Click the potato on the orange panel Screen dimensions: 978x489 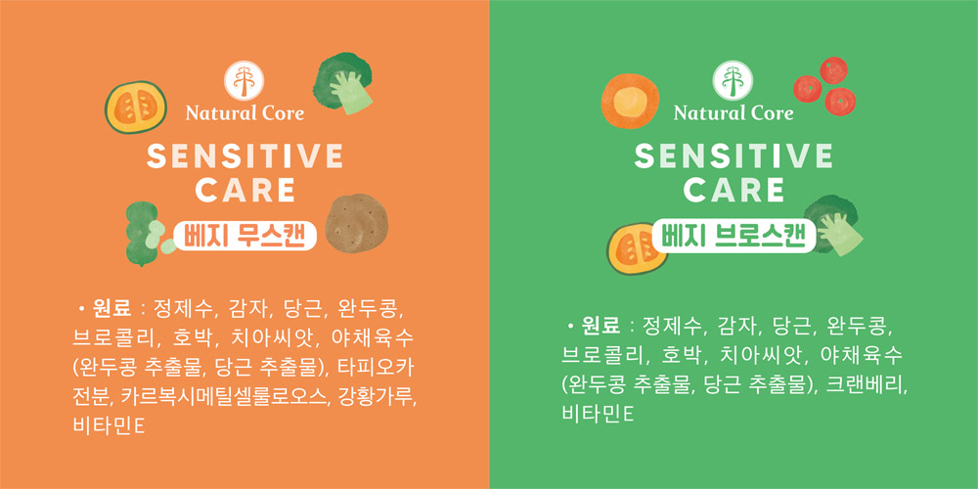tap(356, 223)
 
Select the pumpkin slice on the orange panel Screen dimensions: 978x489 tap(135, 107)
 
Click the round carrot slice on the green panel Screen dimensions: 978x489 tap(630, 102)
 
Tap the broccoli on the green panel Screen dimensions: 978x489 tap(832, 225)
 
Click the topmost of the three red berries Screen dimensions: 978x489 tap(833, 69)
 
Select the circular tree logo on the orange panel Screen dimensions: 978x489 tap(244, 80)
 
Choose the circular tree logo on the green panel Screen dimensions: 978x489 tap(733, 80)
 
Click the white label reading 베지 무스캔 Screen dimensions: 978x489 tap(244, 236)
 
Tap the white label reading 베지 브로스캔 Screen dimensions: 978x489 tap(733, 236)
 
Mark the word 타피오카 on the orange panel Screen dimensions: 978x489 tap(375, 367)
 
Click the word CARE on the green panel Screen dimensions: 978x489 tap(733, 190)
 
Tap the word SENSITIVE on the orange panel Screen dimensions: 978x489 tap(244, 156)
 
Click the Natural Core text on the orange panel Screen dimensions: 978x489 tap(244, 112)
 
